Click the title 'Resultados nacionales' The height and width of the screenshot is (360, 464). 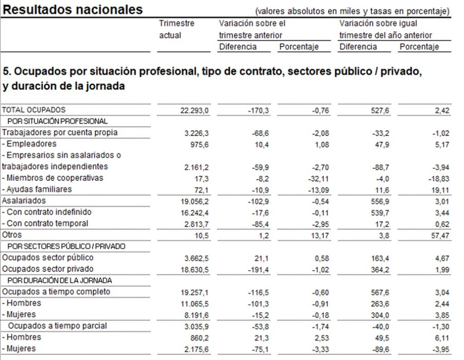click(x=73, y=10)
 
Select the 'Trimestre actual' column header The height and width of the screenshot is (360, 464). click(x=177, y=29)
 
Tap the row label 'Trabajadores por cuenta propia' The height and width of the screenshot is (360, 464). click(x=60, y=132)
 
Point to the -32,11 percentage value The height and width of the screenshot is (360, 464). click(x=316, y=178)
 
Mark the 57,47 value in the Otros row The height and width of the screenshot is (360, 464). click(x=439, y=235)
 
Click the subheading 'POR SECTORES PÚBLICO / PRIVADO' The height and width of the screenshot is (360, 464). click(x=67, y=246)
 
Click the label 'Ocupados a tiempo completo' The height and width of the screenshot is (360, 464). click(x=56, y=292)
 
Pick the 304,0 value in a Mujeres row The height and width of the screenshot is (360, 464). click(x=380, y=315)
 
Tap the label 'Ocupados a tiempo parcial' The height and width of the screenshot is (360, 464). click(x=58, y=326)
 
